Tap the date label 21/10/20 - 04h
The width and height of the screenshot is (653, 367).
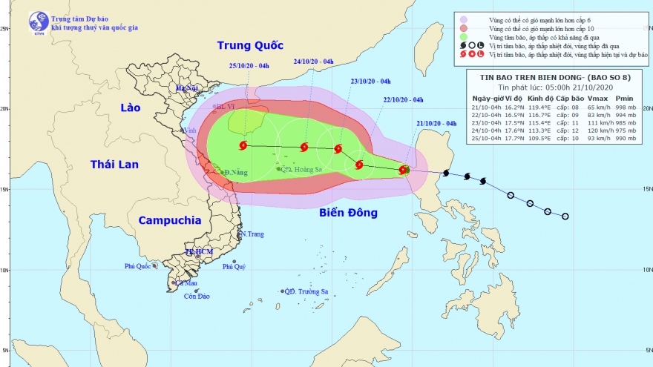(436, 123)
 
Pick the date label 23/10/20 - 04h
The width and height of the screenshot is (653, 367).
(370, 82)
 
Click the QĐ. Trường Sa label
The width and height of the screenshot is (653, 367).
(306, 291)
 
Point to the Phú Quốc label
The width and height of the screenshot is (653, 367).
(139, 267)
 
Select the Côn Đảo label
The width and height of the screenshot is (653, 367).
(197, 297)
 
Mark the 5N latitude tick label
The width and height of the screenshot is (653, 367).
(5, 351)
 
